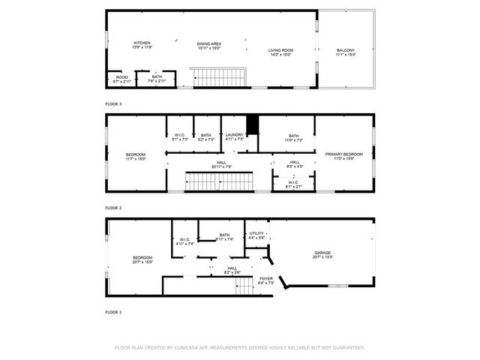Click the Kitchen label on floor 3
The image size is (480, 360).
pyautogui.click(x=142, y=45)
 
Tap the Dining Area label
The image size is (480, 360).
pyautogui.click(x=209, y=46)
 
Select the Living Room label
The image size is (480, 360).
pyautogui.click(x=281, y=52)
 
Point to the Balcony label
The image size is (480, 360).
pyautogui.click(x=346, y=52)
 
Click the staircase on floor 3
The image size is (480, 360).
pyautogui.click(x=217, y=77)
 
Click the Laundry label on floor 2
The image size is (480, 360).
pyautogui.click(x=235, y=136)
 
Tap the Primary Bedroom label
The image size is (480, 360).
pyautogui.click(x=343, y=156)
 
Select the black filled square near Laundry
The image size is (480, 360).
pyautogui.click(x=253, y=124)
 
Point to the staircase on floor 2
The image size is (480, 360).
pyautogui.click(x=211, y=181)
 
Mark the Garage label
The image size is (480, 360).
pyautogui.click(x=322, y=255)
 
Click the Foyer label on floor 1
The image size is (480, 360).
pyautogui.click(x=266, y=280)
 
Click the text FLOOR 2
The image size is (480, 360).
pyautogui.click(x=113, y=208)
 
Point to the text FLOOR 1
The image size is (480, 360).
pyautogui.click(x=113, y=311)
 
